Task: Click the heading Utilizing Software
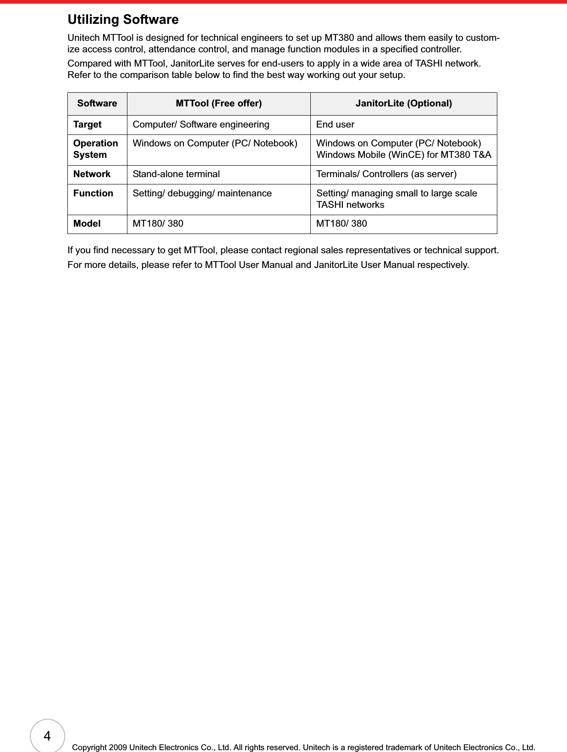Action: pos(123,20)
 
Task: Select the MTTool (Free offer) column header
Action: pos(219,104)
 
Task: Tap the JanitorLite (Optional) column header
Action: pos(403,104)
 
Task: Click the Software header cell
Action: pos(97,104)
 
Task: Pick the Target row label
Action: pos(88,125)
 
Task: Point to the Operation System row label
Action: pos(95,149)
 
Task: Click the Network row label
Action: pos(92,174)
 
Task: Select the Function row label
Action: pos(93,194)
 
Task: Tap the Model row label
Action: pos(87,224)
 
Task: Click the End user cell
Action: pos(335,125)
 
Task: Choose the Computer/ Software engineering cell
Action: pos(201,125)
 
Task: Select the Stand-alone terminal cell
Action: pos(176,174)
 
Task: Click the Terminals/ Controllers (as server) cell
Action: pos(386,174)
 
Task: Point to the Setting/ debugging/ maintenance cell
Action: pos(202,194)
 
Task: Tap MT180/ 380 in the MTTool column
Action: pos(158,224)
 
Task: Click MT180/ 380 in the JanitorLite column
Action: pos(341,224)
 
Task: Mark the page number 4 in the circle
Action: pos(47,736)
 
